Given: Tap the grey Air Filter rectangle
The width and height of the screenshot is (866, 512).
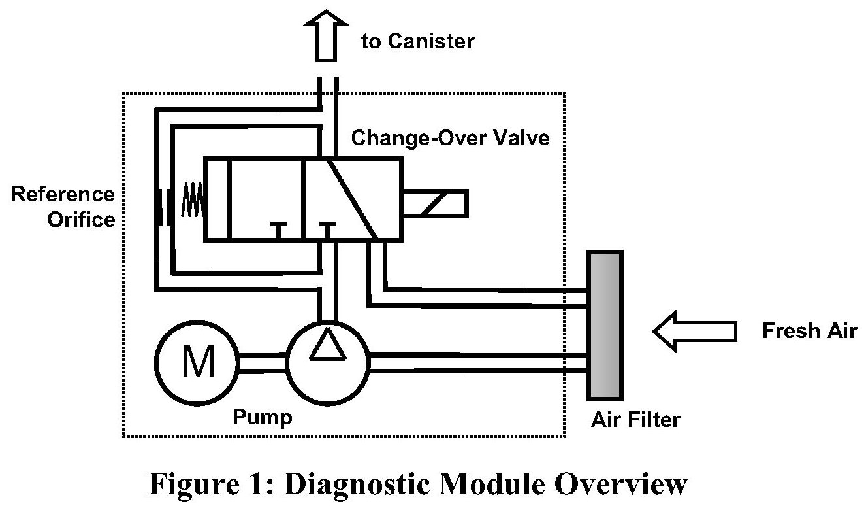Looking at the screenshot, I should (x=604, y=325).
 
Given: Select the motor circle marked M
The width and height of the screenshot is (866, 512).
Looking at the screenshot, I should (x=197, y=364).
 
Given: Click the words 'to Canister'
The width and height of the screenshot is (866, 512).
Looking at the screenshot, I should (x=418, y=41).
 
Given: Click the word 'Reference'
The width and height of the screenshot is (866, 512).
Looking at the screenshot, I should (x=63, y=194).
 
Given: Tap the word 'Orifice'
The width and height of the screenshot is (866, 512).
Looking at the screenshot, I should (x=81, y=219).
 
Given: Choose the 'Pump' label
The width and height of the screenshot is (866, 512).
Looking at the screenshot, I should (x=263, y=417).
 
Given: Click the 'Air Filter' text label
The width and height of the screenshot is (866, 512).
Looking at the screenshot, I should (x=635, y=418).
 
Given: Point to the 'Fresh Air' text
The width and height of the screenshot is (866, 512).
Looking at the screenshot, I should (x=809, y=331).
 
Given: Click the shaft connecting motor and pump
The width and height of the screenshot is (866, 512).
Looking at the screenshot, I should (x=263, y=364).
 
